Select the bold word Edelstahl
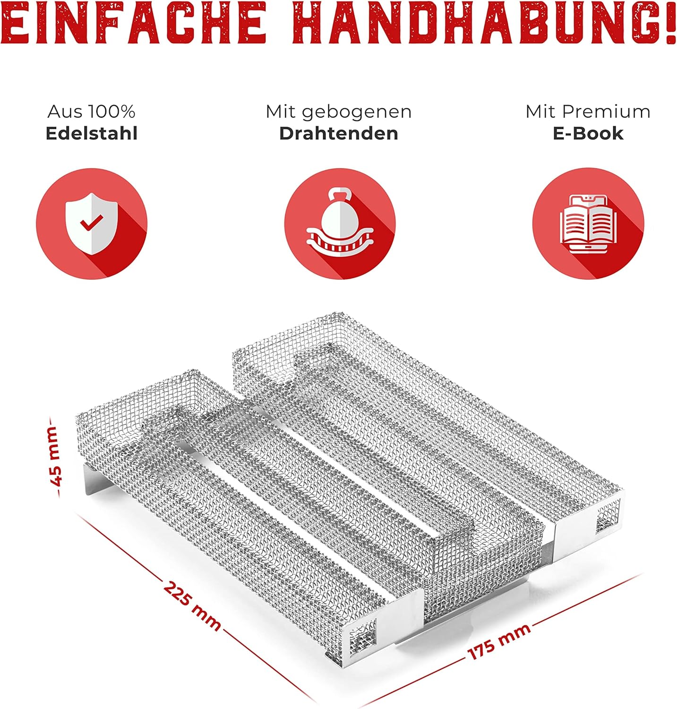tap(92, 133)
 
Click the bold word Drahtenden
tap(339, 133)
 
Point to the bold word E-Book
tap(588, 133)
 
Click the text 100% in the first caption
tap(111, 112)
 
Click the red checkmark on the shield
tap(92, 222)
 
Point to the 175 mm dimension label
tap(499, 641)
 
